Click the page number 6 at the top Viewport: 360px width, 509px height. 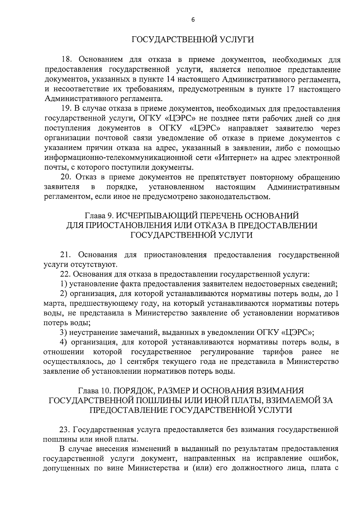193,19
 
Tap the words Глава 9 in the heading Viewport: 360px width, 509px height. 98,216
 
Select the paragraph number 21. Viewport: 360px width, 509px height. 67,255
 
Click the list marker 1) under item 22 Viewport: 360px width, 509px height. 63,284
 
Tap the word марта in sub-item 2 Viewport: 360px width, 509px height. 55,303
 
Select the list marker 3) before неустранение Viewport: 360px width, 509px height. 63,332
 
